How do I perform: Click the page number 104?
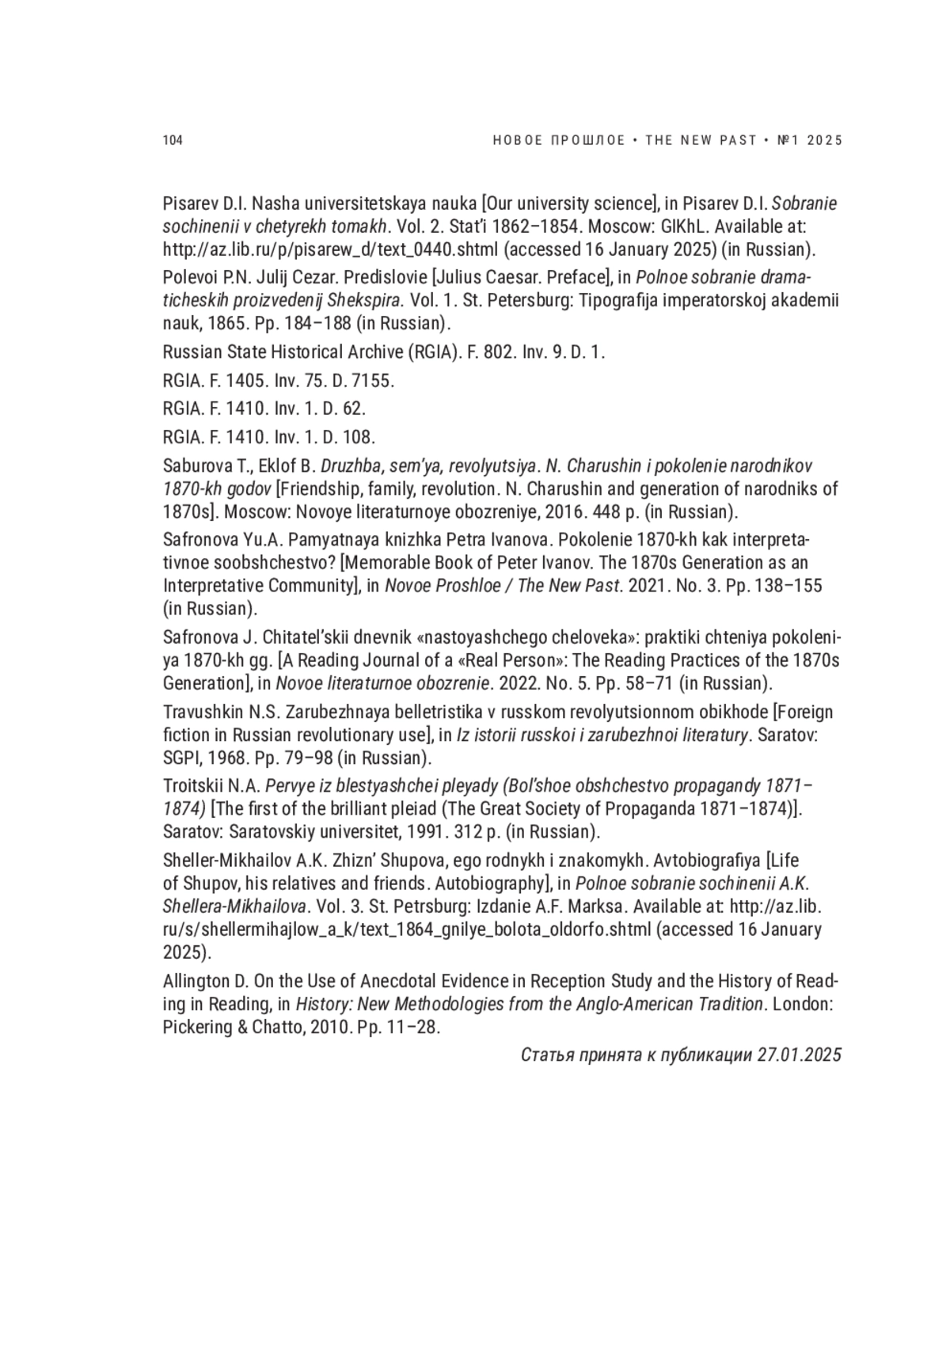pos(173,141)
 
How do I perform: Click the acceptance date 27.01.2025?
pos(799,1055)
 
